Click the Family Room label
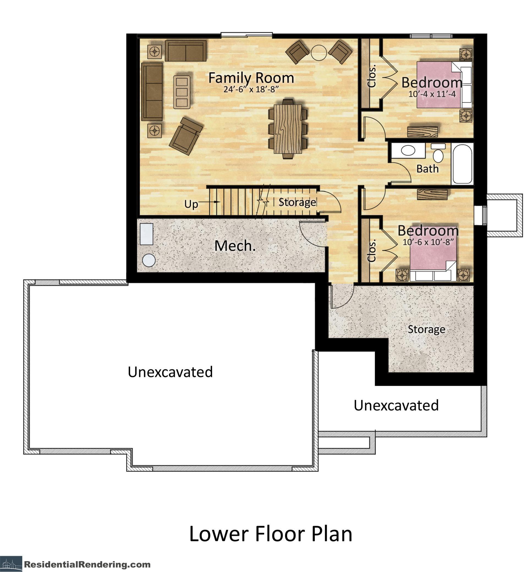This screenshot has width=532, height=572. [251, 78]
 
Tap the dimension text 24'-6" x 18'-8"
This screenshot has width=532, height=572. [251, 89]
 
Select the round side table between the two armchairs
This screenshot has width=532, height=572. [319, 53]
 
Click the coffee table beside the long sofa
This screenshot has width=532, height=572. [182, 92]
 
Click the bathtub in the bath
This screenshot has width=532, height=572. [463, 164]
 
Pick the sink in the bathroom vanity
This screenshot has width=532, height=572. [408, 150]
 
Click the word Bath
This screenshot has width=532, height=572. [427, 169]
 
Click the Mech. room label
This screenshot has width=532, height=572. [235, 246]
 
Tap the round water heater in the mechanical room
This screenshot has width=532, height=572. [149, 260]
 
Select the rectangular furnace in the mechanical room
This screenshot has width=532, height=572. [146, 234]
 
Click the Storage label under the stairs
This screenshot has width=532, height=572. [297, 202]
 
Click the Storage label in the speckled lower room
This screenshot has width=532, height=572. [426, 329]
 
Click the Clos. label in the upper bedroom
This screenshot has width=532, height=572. [372, 76]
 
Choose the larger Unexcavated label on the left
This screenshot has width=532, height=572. [170, 372]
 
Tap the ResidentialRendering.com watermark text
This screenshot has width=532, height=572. [87, 564]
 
